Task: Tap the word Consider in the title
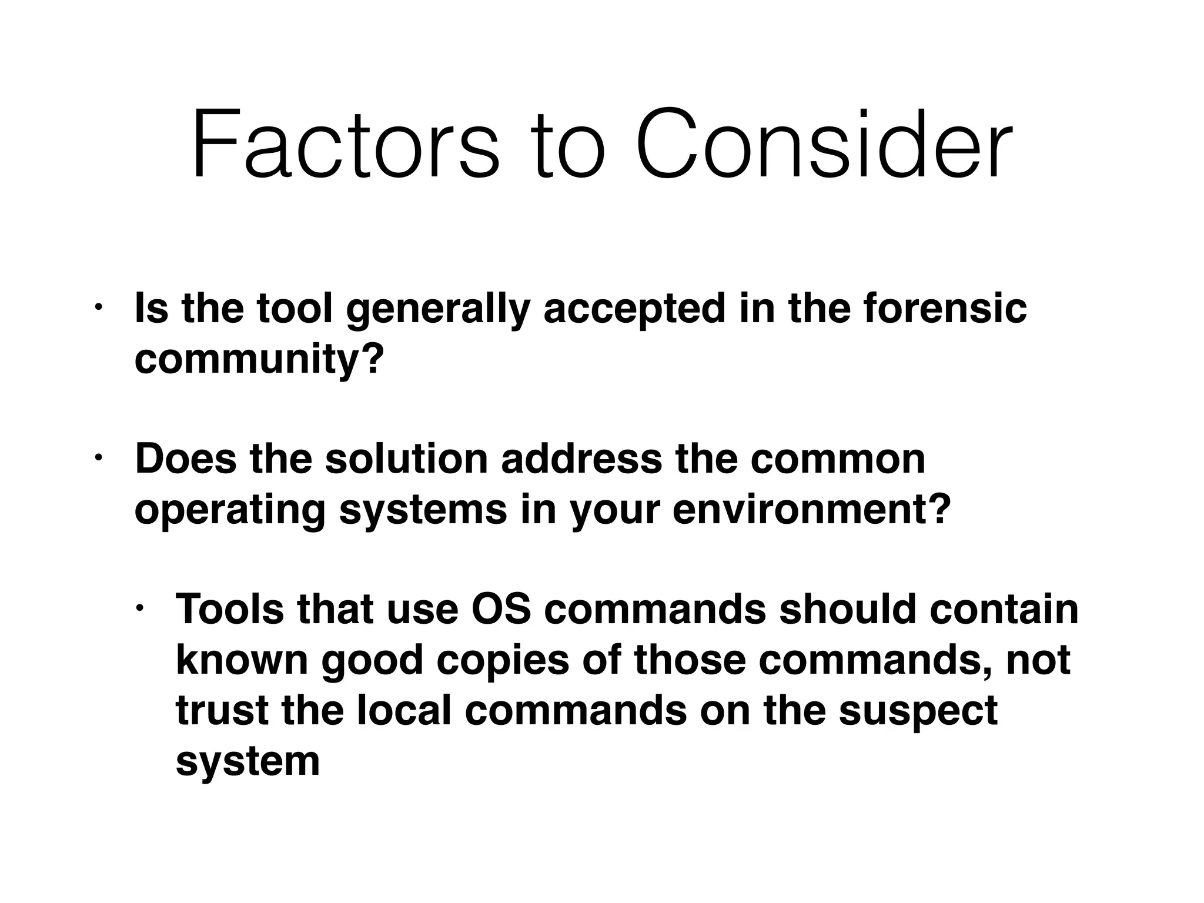(824, 144)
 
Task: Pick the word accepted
(634, 310)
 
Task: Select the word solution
(406, 459)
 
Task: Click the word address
(581, 459)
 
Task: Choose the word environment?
(811, 509)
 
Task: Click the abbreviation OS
(501, 609)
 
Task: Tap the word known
(242, 660)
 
